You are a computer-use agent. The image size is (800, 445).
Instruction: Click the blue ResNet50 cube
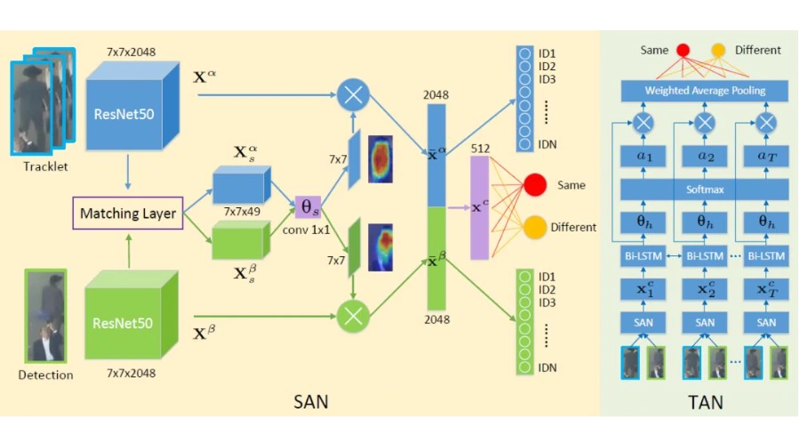[125, 112]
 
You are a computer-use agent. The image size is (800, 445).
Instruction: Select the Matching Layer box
[127, 214]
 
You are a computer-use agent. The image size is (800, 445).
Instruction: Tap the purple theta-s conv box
[307, 208]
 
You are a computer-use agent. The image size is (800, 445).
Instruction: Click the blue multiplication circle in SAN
[354, 93]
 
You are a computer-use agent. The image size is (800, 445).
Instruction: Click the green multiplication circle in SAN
[354, 314]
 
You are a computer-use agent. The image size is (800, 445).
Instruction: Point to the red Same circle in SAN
[534, 185]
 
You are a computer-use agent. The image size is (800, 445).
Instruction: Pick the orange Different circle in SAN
[534, 227]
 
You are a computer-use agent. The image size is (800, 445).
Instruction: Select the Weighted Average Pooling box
[705, 91]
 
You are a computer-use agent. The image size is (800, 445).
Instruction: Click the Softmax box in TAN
[705, 190]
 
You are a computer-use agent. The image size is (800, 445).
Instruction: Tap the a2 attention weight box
[705, 157]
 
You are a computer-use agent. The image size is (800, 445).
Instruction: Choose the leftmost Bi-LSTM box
[644, 256]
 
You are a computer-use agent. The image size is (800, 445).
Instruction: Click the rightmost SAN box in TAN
[766, 322]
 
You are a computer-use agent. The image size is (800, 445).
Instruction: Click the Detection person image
[45, 316]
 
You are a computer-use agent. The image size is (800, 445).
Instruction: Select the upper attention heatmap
[380, 158]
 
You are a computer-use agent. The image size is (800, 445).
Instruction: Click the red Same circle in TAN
[683, 51]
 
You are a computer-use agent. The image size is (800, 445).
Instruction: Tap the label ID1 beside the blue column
[547, 53]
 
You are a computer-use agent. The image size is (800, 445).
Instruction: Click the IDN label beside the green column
[548, 368]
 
